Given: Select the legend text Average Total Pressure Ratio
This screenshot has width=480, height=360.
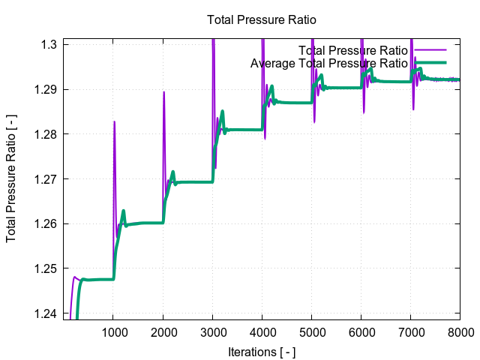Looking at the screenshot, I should point(329,63).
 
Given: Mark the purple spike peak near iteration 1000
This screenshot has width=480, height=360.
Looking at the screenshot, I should point(114,121).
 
